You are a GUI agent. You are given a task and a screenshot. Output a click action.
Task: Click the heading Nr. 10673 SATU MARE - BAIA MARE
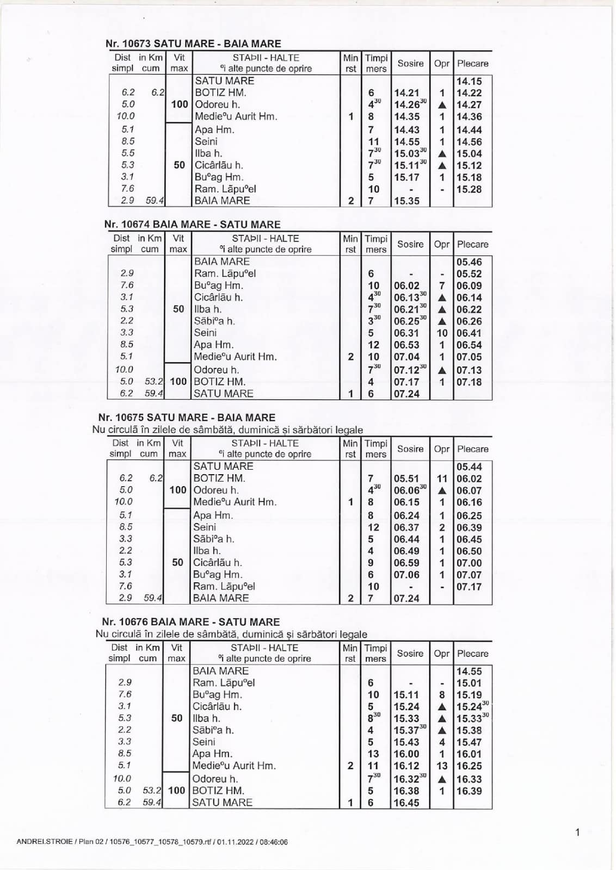pos(193,43)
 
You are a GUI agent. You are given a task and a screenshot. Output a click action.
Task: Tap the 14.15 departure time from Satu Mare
pos(469,81)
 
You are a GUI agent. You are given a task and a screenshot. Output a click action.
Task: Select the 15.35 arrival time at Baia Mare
pos(406,201)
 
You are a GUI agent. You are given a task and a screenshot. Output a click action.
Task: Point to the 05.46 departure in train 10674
pos(469,262)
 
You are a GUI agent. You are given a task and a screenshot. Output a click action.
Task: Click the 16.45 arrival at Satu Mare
pos(406,803)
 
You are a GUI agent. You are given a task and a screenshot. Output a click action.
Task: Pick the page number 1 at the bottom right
pos(577,832)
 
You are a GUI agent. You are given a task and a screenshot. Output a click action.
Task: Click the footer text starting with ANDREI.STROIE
pos(152,842)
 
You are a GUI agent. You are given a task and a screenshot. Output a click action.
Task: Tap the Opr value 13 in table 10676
pos(442,766)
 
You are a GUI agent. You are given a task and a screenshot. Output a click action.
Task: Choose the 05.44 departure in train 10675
pos(469,467)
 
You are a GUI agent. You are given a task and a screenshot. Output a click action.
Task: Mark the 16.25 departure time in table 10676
pos(469,766)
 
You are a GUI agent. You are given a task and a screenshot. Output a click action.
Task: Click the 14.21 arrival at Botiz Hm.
pos(406,93)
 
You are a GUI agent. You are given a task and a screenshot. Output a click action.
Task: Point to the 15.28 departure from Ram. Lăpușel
pos(469,189)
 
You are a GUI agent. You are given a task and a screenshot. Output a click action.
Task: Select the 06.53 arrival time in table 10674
pos(406,345)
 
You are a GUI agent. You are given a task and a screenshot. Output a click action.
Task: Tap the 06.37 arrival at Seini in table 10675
pos(406,527)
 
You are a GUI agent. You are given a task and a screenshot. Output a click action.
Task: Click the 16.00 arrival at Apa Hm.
pos(406,754)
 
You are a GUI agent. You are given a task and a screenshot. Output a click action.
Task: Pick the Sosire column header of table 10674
pos(410,244)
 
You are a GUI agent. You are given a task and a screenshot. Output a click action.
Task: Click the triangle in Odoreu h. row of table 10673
pos(442,105)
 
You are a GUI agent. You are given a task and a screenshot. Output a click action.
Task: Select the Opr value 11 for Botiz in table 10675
pos(442,478)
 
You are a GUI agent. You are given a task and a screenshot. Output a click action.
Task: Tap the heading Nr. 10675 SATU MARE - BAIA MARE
pos(187,418)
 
